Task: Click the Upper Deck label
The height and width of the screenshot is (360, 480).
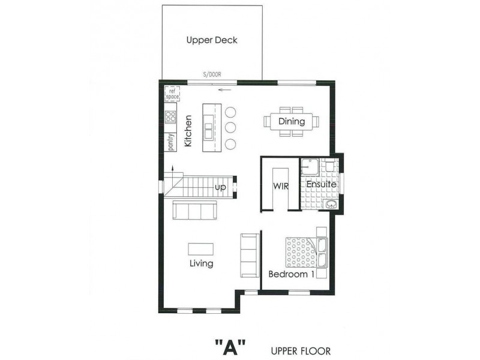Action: (212, 40)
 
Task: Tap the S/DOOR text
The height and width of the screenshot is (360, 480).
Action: (212, 74)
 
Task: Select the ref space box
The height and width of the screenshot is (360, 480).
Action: (172, 94)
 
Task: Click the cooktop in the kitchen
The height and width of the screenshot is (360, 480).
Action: (170, 116)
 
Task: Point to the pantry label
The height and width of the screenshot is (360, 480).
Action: (171, 142)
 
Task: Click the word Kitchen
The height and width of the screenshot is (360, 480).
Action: (188, 131)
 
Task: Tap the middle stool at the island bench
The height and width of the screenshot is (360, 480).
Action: (230, 127)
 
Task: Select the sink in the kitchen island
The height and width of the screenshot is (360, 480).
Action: (208, 130)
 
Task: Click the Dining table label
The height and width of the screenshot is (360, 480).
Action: (292, 121)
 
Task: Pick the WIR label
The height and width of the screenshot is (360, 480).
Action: (281, 186)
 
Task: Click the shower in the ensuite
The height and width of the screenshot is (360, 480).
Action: (310, 167)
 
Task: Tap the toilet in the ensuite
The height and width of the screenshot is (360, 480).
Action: (329, 166)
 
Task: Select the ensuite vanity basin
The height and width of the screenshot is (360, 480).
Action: (331, 204)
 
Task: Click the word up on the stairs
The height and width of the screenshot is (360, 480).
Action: (220, 187)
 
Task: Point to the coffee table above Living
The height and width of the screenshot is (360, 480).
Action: (201, 249)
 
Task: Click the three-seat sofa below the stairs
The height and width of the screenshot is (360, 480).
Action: (194, 210)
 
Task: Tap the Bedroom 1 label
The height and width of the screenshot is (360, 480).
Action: (292, 274)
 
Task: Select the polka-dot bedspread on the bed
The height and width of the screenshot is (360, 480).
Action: (301, 252)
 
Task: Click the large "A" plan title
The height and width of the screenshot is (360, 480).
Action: (231, 347)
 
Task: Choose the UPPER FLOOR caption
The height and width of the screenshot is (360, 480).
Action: (301, 351)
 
